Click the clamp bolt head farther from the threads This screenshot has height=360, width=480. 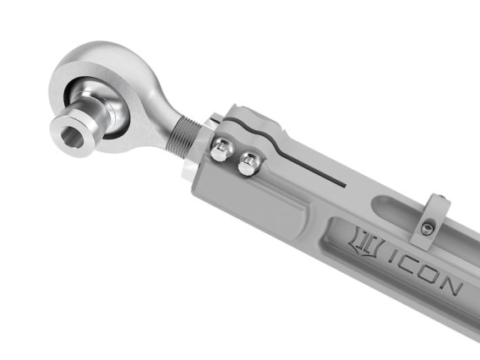(x=248, y=164)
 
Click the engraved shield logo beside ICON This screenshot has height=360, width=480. (x=364, y=248)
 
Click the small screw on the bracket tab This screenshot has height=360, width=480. (x=428, y=228)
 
